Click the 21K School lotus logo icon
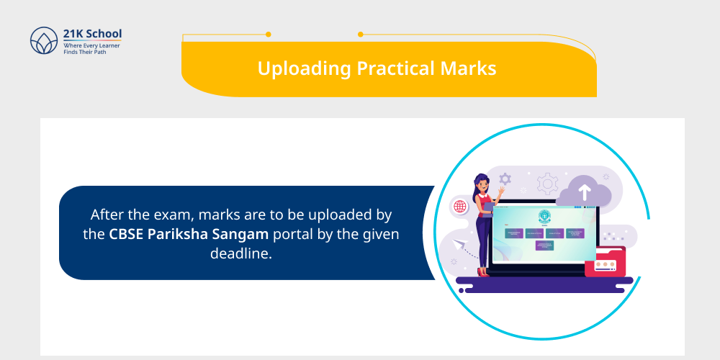(43, 41)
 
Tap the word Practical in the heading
(394, 68)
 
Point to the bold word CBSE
(127, 234)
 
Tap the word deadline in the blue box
(240, 253)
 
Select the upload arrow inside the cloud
(584, 192)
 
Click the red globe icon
(459, 207)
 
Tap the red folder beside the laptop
(603, 261)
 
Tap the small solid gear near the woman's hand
(505, 179)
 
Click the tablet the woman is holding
(488, 209)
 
